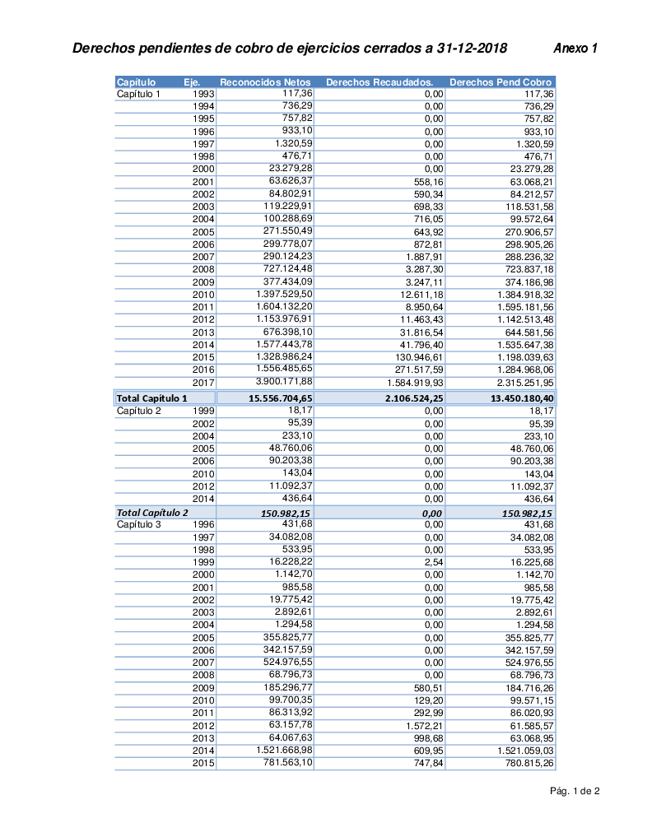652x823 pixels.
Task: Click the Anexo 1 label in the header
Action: (575, 49)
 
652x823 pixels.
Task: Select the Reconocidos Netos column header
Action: (265, 82)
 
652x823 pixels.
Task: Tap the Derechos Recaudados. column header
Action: (380, 82)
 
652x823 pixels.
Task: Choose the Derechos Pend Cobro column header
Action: (501, 82)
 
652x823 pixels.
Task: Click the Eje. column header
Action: (192, 82)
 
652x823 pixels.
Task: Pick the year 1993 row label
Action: (203, 94)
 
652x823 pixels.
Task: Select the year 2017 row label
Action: (203, 383)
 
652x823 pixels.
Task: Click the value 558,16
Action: (428, 181)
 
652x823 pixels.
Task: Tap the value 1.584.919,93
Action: (415, 383)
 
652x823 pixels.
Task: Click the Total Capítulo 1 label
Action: (151, 398)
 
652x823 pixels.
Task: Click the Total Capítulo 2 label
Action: (152, 513)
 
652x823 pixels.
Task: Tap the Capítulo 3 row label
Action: (138, 524)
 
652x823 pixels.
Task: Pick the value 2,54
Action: (434, 562)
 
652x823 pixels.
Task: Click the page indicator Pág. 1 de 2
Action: (575, 792)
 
